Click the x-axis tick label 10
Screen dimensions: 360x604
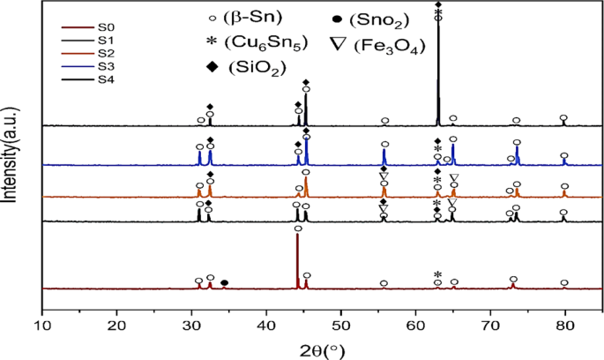click(42, 326)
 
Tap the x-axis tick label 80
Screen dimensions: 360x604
click(565, 326)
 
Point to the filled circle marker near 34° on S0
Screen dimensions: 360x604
click(224, 283)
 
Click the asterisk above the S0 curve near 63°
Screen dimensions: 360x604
click(438, 274)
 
